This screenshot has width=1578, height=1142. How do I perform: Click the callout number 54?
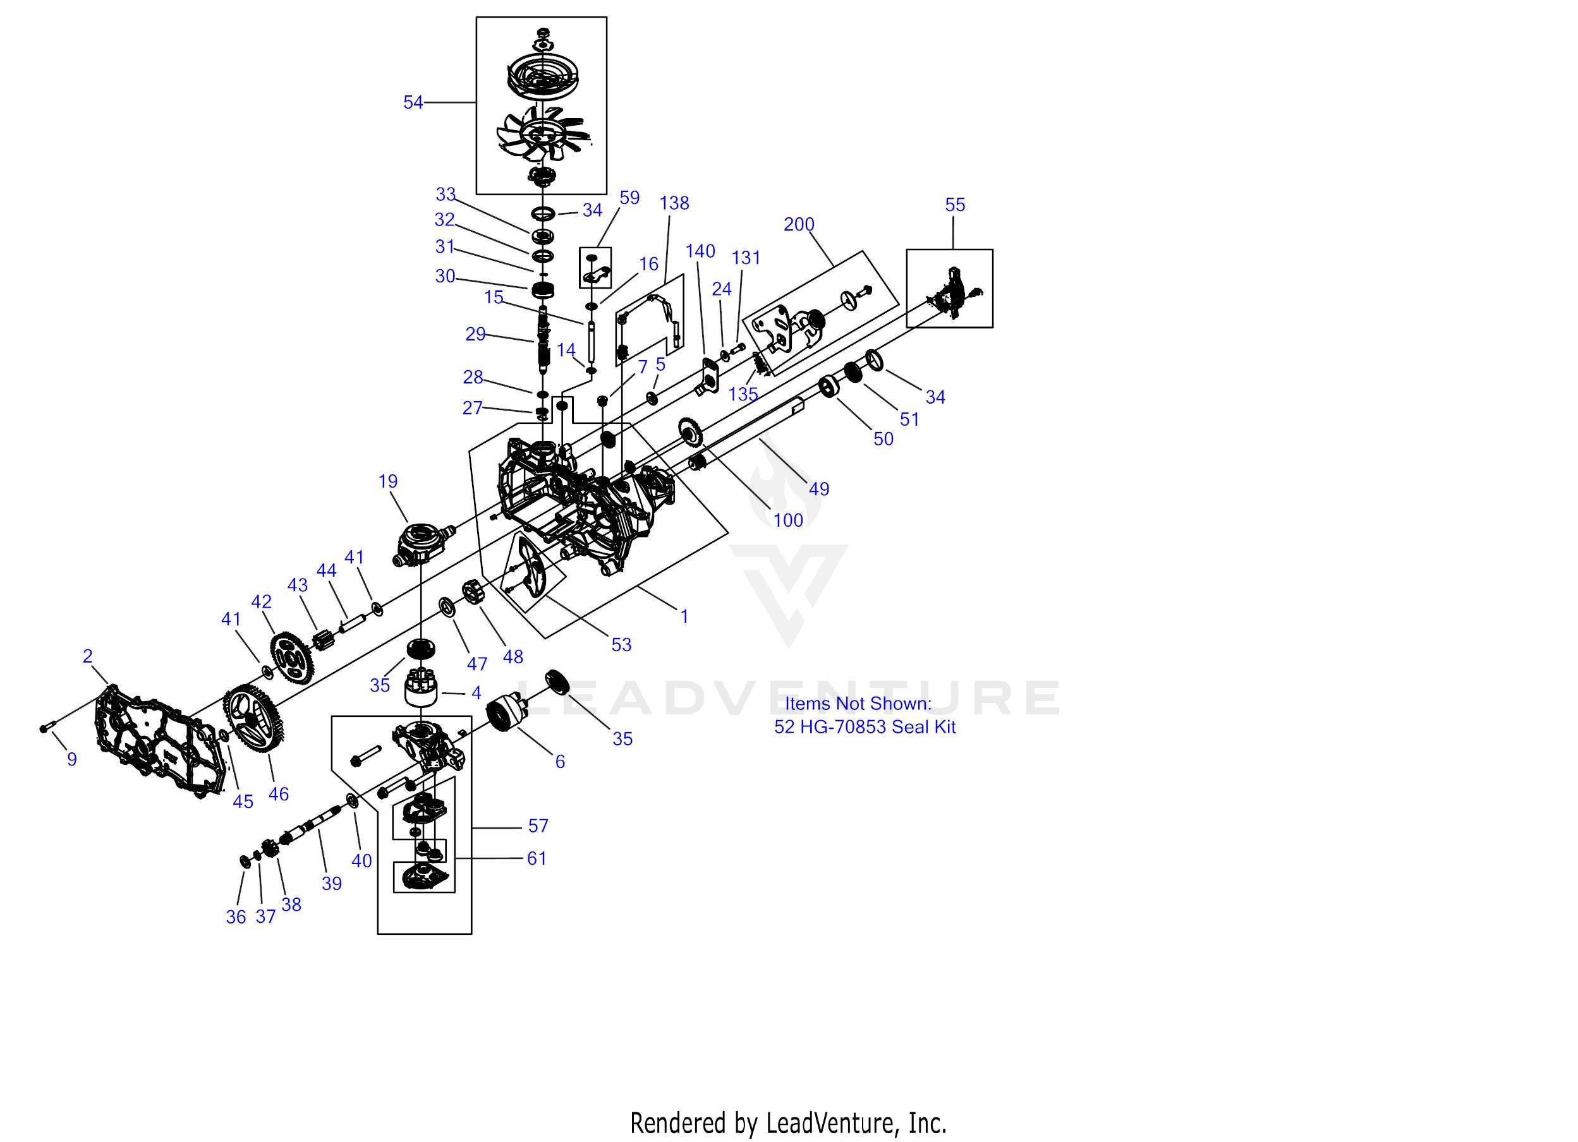coord(413,103)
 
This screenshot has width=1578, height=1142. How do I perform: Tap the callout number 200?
coord(798,225)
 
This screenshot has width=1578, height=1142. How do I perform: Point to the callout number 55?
coord(955,205)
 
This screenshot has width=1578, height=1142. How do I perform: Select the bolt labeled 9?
coord(47,728)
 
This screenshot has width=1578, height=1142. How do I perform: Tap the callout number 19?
coord(387,481)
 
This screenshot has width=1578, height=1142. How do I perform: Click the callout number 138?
coord(674,203)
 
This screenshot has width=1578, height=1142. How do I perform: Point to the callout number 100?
coord(787,520)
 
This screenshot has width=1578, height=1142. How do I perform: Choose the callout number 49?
coord(819,489)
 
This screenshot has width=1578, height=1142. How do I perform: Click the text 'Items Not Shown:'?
coord(858,703)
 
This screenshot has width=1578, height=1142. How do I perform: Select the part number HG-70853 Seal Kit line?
coord(865,727)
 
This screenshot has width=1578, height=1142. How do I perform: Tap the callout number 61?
coord(537,858)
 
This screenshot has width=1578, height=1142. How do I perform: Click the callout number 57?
coord(538,826)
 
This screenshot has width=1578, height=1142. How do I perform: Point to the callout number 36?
coord(236,917)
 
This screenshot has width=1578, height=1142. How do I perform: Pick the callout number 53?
coord(621,645)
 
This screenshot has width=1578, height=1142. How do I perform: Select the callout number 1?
coord(684,616)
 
